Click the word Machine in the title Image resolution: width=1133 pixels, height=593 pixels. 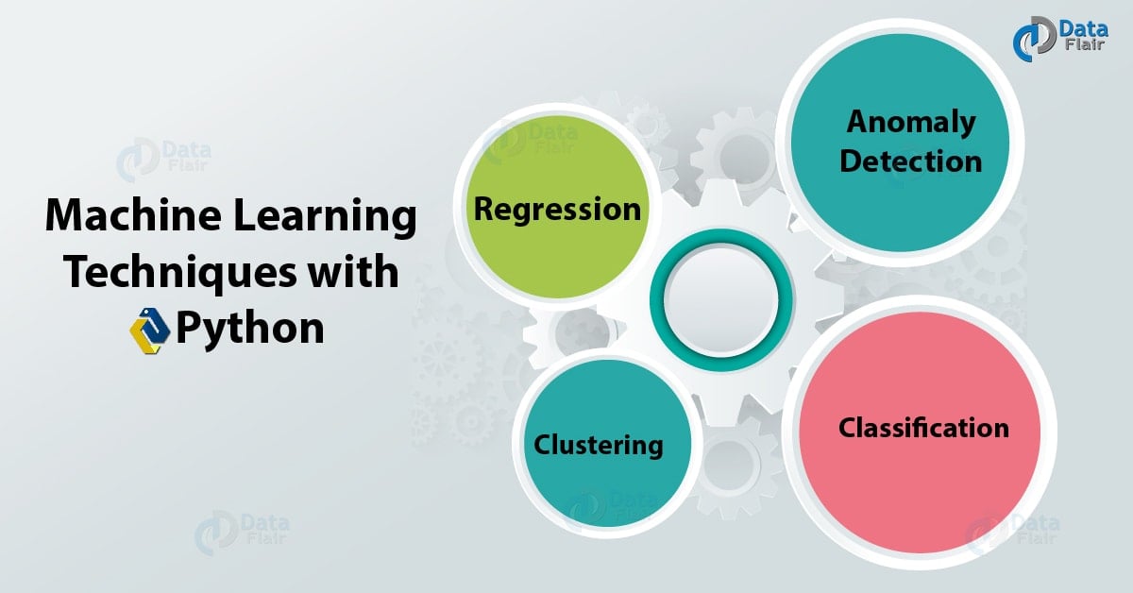click(x=133, y=215)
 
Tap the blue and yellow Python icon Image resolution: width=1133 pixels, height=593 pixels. click(x=150, y=330)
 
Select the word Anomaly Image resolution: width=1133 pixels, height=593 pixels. click(x=911, y=123)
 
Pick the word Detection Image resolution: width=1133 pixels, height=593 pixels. click(x=910, y=161)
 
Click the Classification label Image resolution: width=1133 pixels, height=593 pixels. click(x=923, y=428)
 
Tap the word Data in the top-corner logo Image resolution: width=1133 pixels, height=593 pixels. click(x=1085, y=29)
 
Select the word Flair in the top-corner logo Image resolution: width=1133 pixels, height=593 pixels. click(x=1085, y=44)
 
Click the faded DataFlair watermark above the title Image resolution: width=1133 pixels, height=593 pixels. click(x=163, y=159)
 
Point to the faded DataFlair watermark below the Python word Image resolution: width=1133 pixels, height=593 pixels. click(x=242, y=533)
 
